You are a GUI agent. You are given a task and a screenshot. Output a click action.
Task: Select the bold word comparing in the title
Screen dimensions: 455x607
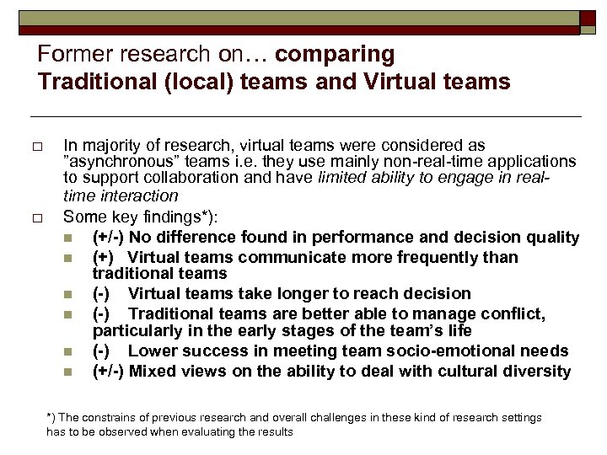[x=335, y=55]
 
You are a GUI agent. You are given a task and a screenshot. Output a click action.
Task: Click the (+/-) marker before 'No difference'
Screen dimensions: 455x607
[x=110, y=238]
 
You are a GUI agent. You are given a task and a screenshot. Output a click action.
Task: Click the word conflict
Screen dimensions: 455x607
[x=517, y=313]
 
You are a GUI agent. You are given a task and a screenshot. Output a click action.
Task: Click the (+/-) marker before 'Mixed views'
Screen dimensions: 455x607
[x=110, y=371]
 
